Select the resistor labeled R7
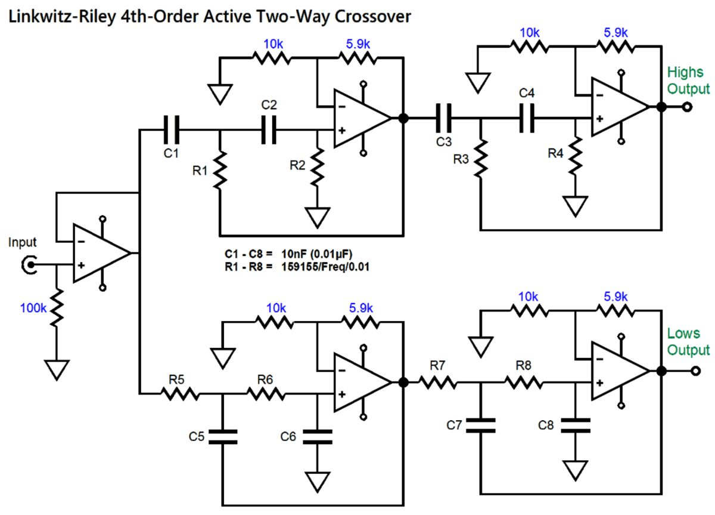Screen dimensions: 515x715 coord(439,382)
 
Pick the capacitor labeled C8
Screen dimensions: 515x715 coord(576,424)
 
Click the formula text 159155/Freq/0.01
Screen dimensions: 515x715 coord(325,266)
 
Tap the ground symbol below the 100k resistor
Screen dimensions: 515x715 coord(57,369)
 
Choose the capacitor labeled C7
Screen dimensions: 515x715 coord(481,424)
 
